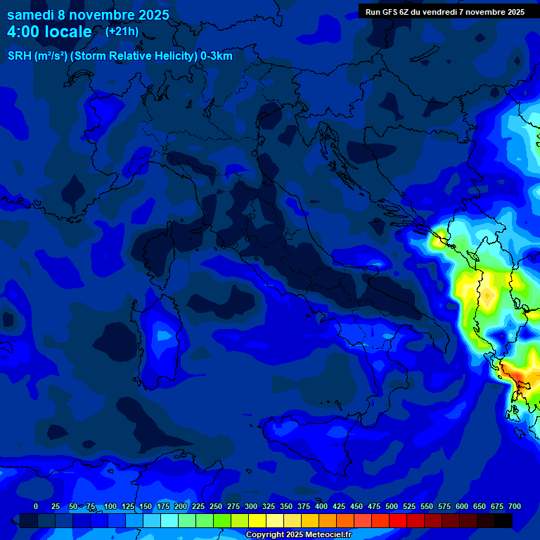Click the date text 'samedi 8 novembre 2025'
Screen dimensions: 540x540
click(x=88, y=15)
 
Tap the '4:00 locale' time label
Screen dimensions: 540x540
click(x=49, y=32)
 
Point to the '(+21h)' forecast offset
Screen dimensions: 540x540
click(x=122, y=32)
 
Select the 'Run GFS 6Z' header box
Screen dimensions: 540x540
click(x=444, y=11)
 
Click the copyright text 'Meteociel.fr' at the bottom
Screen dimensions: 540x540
click(x=324, y=535)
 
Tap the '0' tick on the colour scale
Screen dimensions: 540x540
click(x=36, y=507)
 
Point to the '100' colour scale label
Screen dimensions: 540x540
click(x=110, y=507)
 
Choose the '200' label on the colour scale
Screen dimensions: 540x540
click(x=181, y=507)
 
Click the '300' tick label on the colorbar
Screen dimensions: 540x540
click(x=251, y=507)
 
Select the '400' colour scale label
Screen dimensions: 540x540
click(x=321, y=507)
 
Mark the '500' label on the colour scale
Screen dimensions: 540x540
click(x=392, y=507)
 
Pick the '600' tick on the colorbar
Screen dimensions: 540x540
click(x=462, y=507)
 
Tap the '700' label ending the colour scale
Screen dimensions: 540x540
click(x=515, y=507)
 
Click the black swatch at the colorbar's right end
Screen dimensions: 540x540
click(x=503, y=521)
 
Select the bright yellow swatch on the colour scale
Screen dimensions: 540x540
click(x=257, y=521)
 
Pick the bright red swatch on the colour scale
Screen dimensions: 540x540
click(x=398, y=521)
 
